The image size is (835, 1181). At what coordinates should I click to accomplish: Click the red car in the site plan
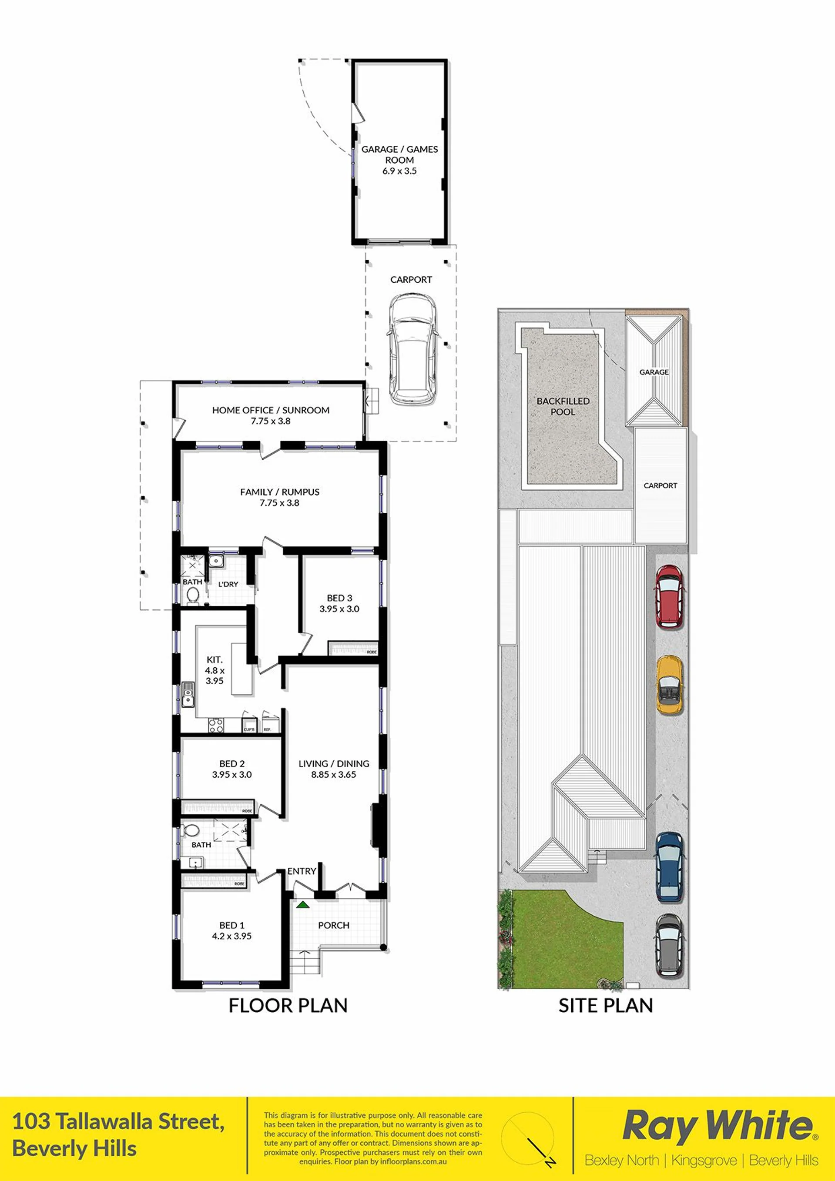coord(669,596)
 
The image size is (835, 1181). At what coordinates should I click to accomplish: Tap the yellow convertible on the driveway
coord(669,685)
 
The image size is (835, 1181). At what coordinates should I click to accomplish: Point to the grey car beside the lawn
coord(669,945)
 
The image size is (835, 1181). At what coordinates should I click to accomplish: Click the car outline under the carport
coord(412,349)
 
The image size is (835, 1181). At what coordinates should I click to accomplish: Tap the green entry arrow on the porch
coord(302,904)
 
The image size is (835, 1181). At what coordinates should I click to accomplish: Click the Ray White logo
coord(719,1126)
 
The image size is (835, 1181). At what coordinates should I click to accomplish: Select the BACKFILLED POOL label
coord(563,406)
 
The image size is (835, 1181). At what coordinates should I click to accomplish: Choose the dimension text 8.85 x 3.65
coord(333,774)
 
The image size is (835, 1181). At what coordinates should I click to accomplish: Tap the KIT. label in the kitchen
coord(215,659)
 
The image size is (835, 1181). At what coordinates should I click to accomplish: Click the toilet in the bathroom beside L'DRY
coord(193,597)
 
